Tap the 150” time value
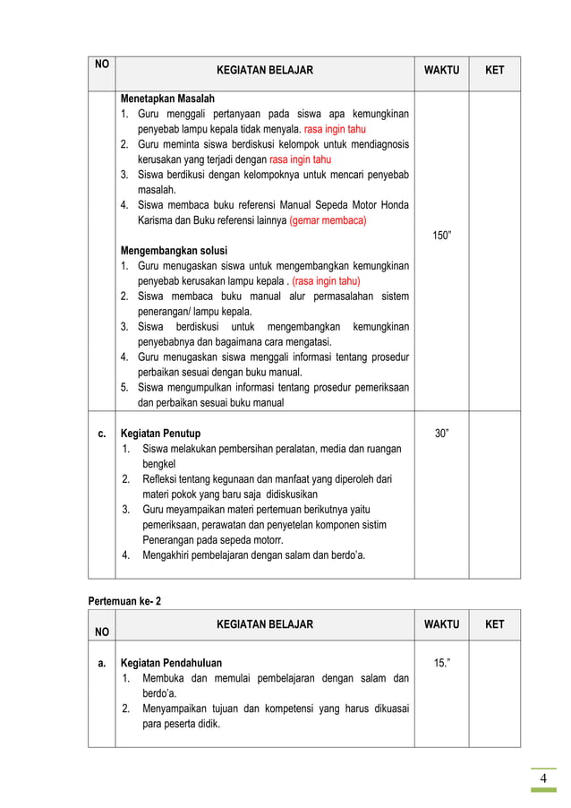pyautogui.click(x=441, y=236)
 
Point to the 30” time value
pyautogui.click(x=441, y=434)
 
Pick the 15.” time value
pyautogui.click(x=441, y=663)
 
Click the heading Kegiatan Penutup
pyautogui.click(x=161, y=434)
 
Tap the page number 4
pyautogui.click(x=542, y=779)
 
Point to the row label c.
pyautogui.click(x=101, y=434)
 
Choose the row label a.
pyautogui.click(x=101, y=663)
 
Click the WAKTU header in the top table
pyautogui.click(x=441, y=70)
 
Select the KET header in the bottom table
pyautogui.click(x=494, y=624)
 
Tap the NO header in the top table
pyautogui.click(x=101, y=64)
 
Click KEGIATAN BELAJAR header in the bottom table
pyautogui.click(x=265, y=624)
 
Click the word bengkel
pyautogui.click(x=159, y=464)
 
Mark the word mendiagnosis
pyautogui.click(x=379, y=144)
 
